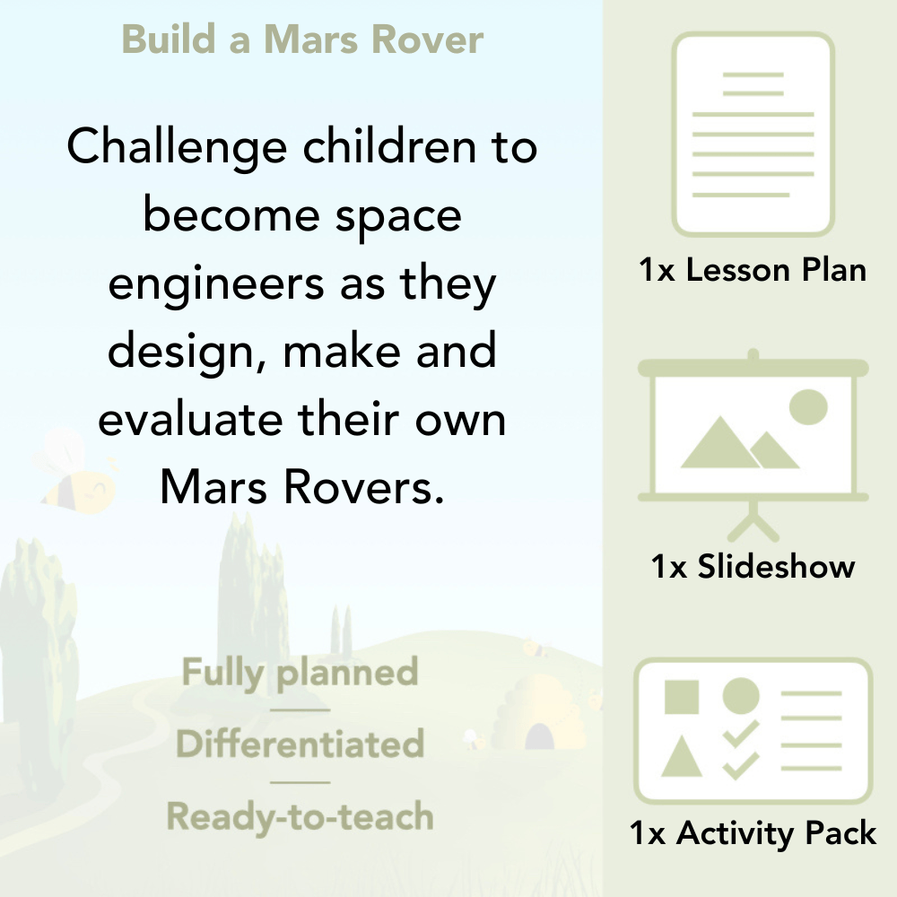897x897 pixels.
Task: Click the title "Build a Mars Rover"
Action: pyautogui.click(x=302, y=40)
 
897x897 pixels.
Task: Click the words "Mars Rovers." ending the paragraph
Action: pyautogui.click(x=302, y=488)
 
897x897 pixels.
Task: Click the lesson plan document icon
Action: pyautogui.click(x=753, y=134)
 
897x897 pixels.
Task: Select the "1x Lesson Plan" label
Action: pyautogui.click(x=753, y=270)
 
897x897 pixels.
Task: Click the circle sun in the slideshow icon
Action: pyautogui.click(x=807, y=407)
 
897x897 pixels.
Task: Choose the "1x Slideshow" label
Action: pyautogui.click(x=753, y=567)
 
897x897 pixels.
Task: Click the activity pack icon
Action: pyautogui.click(x=753, y=730)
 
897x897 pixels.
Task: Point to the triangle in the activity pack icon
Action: pyautogui.click(x=682, y=756)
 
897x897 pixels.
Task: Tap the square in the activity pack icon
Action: pyautogui.click(x=682, y=696)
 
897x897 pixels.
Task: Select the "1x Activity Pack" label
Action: pyautogui.click(x=753, y=834)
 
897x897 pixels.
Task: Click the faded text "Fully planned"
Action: pyautogui.click(x=300, y=673)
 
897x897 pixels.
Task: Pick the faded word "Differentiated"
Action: pyautogui.click(x=300, y=745)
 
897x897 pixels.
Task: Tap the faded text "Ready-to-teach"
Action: pyautogui.click(x=300, y=817)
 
